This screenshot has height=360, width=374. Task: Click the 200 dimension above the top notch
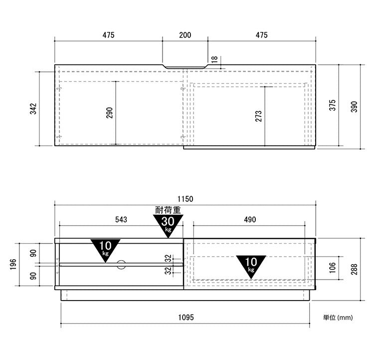pos(185,35)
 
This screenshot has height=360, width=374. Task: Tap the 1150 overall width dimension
pos(186,199)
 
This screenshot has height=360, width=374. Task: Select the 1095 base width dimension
pos(186,318)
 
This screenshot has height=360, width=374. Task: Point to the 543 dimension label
pos(121,220)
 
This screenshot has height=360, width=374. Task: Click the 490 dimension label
pos(250,220)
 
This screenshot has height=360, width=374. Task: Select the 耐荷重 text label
pos(168,210)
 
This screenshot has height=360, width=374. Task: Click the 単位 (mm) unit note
pos(338,318)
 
